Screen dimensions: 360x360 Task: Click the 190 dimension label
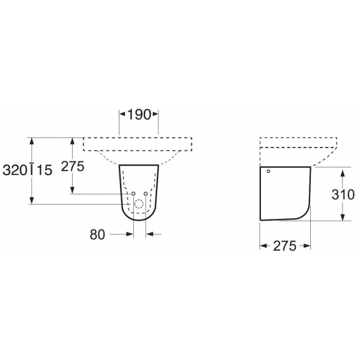click(139, 115)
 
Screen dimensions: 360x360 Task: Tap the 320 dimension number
click(15, 170)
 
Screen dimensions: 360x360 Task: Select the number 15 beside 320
click(44, 170)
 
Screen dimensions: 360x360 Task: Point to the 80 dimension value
click(97, 235)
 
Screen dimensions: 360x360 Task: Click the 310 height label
click(343, 194)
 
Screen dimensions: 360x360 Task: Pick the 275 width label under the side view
click(284, 246)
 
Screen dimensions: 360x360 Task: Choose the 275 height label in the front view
click(73, 166)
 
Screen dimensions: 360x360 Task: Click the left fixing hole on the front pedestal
click(133, 194)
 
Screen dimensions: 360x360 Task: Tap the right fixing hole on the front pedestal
click(146, 194)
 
